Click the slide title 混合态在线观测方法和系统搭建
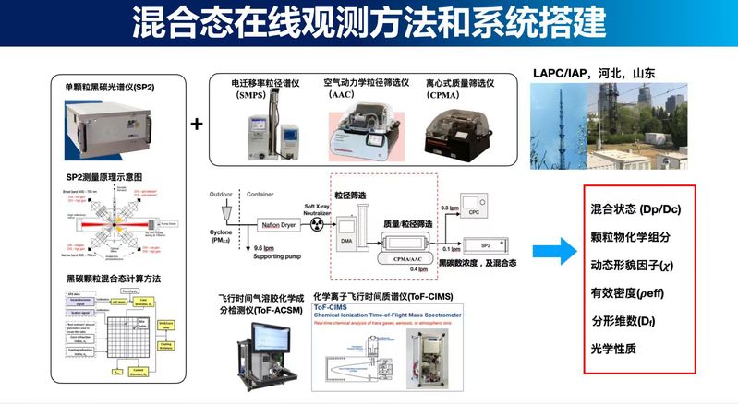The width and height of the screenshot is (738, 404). tap(369, 22)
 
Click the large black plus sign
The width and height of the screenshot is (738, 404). tap(197, 123)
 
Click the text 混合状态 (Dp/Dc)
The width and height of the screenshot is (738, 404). tap(635, 209)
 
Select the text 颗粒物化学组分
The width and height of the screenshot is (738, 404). tap(630, 236)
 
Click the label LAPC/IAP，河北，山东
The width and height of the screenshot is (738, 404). tap(587, 72)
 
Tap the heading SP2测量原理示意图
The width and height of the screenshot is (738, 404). tap(103, 176)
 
